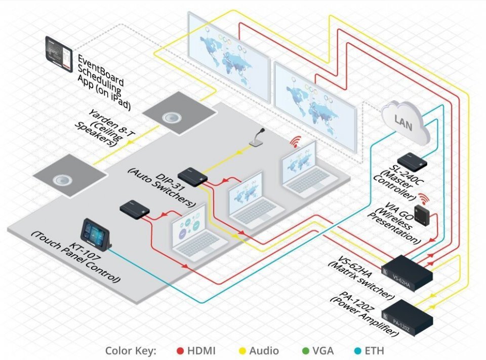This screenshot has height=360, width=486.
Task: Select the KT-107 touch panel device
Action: [x=96, y=234]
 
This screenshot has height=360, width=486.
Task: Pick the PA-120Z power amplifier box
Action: [x=408, y=314]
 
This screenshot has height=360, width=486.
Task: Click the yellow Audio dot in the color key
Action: [x=242, y=350]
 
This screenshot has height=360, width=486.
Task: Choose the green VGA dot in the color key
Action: [x=305, y=350]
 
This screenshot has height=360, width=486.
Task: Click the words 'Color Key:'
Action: [x=131, y=350]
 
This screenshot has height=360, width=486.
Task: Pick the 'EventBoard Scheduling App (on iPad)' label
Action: [x=104, y=81]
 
